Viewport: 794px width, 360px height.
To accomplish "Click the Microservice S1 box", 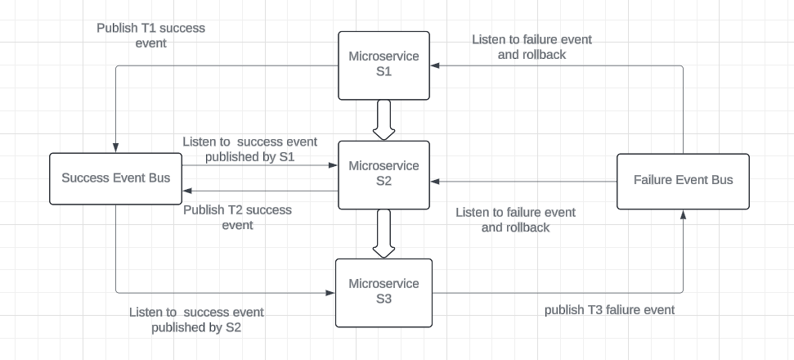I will (x=384, y=65).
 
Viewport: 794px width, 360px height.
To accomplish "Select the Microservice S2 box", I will (x=384, y=173).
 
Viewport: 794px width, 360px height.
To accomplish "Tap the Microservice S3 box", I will (x=384, y=291).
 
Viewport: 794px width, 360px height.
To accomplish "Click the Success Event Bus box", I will (x=115, y=178).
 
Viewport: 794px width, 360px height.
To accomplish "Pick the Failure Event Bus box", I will (x=683, y=179).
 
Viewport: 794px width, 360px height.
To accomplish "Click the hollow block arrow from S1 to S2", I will (x=384, y=119).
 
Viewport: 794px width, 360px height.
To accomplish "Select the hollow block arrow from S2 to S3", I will (x=384, y=232).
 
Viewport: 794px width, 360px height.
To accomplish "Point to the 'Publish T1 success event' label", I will (x=150, y=35).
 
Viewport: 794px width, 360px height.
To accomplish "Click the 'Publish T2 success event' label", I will (x=237, y=218).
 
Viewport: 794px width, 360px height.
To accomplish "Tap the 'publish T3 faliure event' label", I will (x=609, y=309).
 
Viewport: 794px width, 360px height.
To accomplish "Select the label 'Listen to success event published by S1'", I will (x=249, y=149).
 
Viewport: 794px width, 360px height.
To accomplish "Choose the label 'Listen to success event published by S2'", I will (x=196, y=320).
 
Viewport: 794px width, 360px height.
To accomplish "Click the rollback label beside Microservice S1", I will (x=532, y=47).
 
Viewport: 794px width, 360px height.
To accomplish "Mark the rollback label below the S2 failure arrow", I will (x=515, y=220).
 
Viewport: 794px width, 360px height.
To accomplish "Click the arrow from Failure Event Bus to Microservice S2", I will (x=523, y=182).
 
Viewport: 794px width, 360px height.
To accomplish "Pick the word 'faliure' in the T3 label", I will (x=621, y=309).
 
